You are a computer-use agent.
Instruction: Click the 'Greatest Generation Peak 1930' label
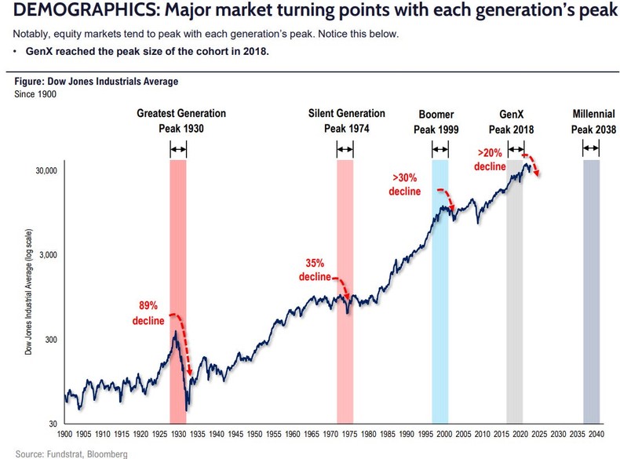point(181,121)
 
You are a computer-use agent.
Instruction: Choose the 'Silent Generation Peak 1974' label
point(346,121)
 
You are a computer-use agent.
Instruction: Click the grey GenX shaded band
point(515,314)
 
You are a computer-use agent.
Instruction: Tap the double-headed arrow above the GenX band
point(516,149)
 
